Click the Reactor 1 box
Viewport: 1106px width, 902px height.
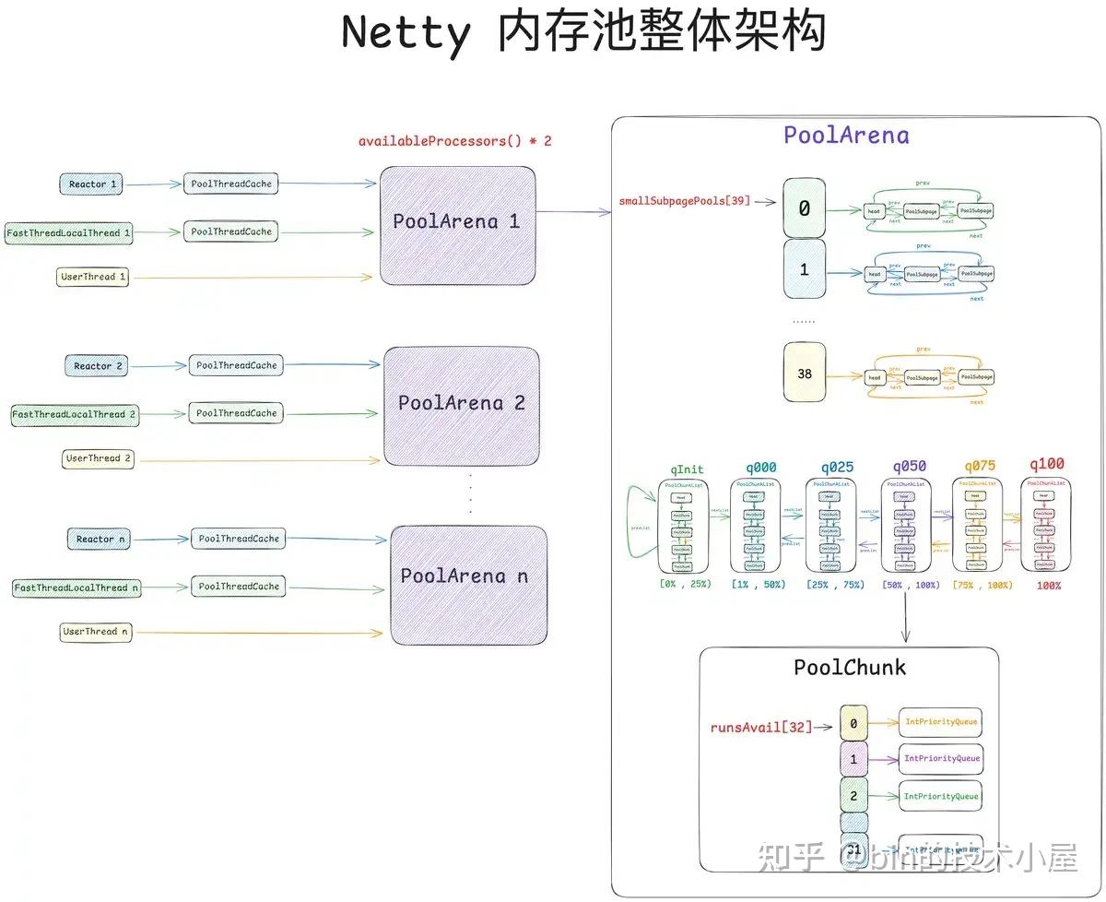(x=92, y=184)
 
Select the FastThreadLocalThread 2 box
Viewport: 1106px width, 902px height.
(x=74, y=415)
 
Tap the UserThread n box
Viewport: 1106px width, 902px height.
(x=96, y=633)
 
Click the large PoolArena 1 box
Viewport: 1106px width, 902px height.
(x=456, y=225)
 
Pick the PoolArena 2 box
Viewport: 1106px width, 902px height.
(x=461, y=406)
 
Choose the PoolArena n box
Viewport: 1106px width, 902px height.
(x=468, y=585)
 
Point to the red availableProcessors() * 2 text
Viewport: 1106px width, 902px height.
(x=455, y=142)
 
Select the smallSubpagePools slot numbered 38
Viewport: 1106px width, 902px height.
(x=804, y=373)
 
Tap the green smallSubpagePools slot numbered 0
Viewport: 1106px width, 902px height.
(x=804, y=209)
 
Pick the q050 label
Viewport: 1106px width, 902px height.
(x=909, y=467)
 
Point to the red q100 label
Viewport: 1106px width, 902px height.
(x=1045, y=464)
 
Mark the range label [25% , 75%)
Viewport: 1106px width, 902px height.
(x=835, y=585)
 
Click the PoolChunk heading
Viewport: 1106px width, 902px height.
(x=850, y=667)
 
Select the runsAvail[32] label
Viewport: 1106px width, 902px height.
(x=761, y=727)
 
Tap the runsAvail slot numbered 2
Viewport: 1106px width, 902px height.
(x=853, y=795)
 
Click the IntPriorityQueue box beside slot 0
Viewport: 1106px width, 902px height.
(x=941, y=722)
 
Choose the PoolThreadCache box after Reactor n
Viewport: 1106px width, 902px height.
(x=239, y=539)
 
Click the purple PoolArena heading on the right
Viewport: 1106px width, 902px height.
(x=846, y=136)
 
